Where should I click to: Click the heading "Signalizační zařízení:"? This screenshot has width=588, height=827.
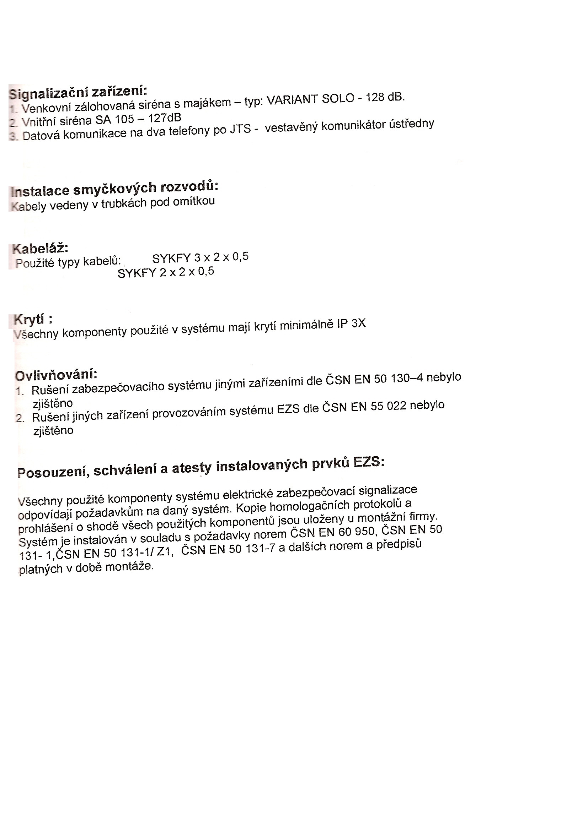78,92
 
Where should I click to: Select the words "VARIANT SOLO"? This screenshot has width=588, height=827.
310,99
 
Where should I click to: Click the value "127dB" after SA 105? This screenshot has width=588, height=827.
165,118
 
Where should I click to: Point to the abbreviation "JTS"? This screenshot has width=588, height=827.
240,129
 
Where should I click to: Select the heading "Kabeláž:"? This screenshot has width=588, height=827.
40,249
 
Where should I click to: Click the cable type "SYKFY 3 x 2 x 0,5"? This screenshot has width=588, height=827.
200,258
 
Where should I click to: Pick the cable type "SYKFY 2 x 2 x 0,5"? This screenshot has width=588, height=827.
166,272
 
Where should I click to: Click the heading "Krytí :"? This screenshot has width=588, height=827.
33,320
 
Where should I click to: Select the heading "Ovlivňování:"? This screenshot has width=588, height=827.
56,375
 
